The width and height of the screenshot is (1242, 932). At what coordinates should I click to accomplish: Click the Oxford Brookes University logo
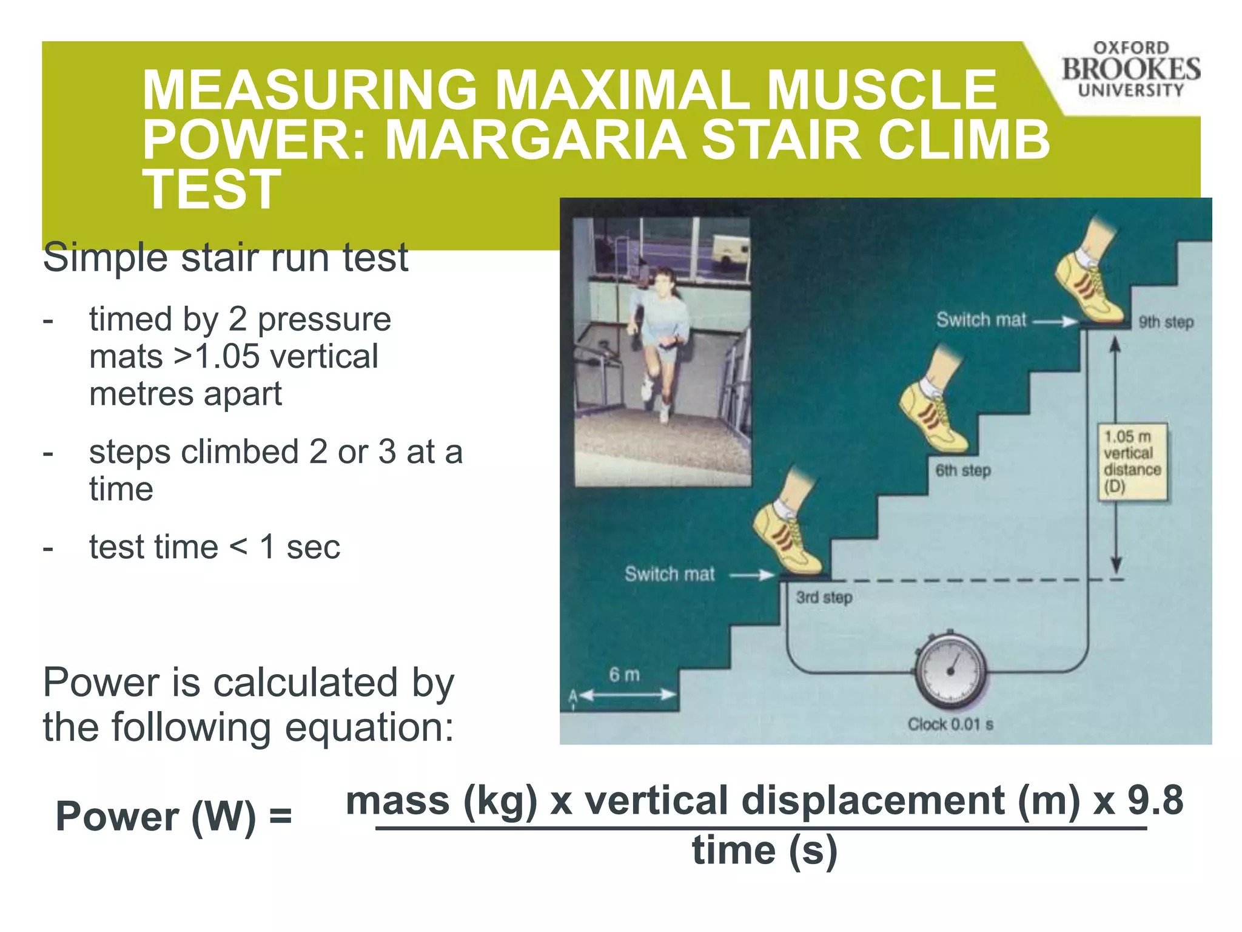(1130, 70)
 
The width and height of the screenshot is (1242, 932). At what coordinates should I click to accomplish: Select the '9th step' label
(1166, 322)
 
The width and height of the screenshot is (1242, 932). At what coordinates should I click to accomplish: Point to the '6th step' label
(962, 470)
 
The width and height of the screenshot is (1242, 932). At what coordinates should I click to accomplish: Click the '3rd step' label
(824, 598)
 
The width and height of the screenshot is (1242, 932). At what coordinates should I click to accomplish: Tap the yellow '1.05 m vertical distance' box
(1132, 462)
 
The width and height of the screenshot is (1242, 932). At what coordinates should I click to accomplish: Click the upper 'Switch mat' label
(981, 320)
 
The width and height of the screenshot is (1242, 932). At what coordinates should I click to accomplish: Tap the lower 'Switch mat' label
(670, 574)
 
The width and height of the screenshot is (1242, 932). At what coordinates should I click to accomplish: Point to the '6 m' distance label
(624, 675)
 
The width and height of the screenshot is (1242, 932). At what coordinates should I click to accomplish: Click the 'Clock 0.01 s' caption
(950, 724)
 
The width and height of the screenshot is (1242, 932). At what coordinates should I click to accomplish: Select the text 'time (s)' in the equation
(764, 851)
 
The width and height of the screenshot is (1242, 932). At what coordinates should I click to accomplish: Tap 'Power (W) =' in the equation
(173, 816)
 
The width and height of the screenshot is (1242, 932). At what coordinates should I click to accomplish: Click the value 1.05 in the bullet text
(227, 356)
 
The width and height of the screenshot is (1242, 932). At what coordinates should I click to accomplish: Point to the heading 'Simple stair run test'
(226, 257)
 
